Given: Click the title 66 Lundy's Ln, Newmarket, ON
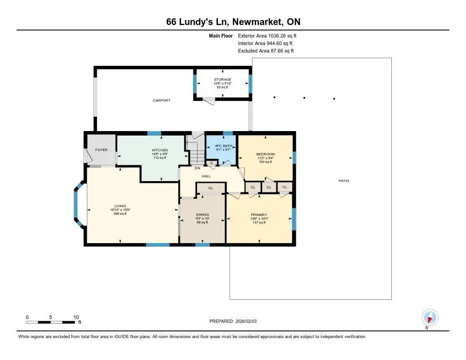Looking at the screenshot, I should pyautogui.click(x=233, y=22).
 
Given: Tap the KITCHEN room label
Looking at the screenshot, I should pyautogui.click(x=160, y=150).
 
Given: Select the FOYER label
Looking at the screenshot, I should pyautogui.click(x=101, y=150).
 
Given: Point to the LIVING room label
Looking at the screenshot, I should pyautogui.click(x=120, y=206).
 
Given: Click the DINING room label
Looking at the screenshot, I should pyautogui.click(x=203, y=214).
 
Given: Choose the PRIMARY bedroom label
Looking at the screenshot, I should pyautogui.click(x=258, y=215).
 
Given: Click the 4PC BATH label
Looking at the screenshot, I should pyautogui.click(x=221, y=146).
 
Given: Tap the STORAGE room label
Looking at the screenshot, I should pyautogui.click(x=223, y=80).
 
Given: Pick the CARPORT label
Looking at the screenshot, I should pyautogui.click(x=162, y=100).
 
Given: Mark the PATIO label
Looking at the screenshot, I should pyautogui.click(x=344, y=181).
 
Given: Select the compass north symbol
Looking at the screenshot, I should pyautogui.click(x=429, y=317).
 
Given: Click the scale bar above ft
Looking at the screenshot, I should pyautogui.click(x=51, y=322).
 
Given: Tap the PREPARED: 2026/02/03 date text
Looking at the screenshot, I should pyautogui.click(x=233, y=321).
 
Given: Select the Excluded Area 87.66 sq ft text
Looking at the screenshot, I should pyautogui.click(x=266, y=51).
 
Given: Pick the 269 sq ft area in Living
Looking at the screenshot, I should pyautogui.click(x=120, y=214).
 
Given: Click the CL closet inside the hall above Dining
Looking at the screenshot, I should pyautogui.click(x=210, y=188).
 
